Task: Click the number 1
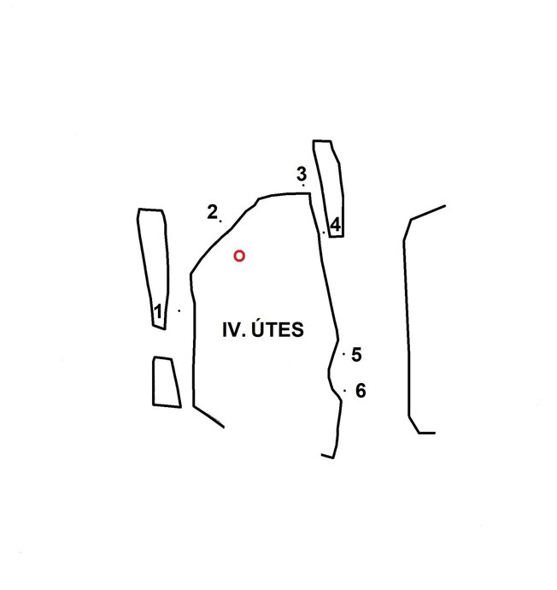158,311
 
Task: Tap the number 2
213,212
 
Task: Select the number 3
302,174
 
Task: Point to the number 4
335,225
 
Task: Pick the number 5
356,355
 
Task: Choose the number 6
361,391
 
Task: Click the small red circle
239,256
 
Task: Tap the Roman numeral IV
232,329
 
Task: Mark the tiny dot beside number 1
179,310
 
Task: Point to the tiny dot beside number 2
220,221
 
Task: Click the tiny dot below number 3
303,186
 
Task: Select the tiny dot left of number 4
324,233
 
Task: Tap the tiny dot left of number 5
344,354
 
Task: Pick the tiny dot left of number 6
344,391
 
